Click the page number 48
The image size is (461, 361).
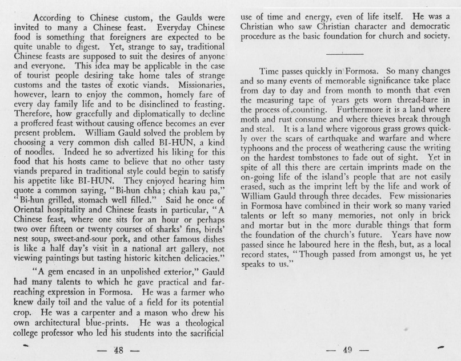point(119,350)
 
